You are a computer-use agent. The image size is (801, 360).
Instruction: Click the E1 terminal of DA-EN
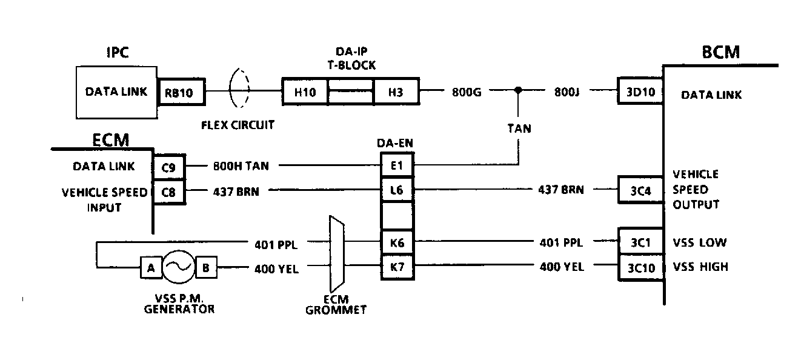coord(397,164)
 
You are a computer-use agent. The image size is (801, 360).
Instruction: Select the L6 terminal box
coord(397,190)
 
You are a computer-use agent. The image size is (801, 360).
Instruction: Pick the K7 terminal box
coord(397,267)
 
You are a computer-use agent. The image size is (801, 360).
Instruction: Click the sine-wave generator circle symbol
coord(178,268)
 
